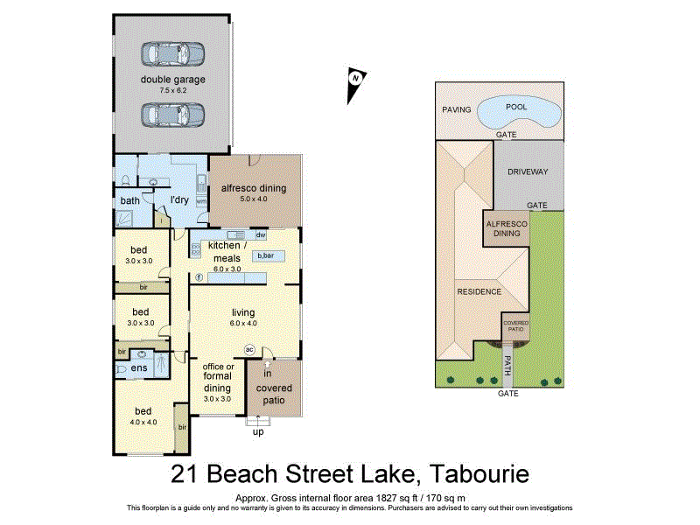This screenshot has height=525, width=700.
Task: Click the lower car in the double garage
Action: click(173, 114)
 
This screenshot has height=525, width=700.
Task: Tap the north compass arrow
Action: click(354, 79)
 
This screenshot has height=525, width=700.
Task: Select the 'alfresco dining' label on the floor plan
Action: click(253, 188)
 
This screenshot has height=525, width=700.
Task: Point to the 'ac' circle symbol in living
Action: click(248, 348)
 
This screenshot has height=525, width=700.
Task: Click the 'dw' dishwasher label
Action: click(260, 235)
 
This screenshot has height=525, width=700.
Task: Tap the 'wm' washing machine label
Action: click(200, 200)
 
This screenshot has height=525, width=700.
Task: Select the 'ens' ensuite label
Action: click(139, 368)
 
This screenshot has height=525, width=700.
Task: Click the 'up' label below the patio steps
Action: click(259, 432)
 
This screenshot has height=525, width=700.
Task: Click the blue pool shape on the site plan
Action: click(524, 112)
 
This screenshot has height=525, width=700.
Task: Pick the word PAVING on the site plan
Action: click(456, 109)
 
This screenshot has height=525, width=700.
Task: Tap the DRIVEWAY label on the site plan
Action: click(528, 171)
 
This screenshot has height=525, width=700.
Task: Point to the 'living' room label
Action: click(242, 312)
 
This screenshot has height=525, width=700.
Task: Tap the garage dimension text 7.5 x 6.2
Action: click(173, 90)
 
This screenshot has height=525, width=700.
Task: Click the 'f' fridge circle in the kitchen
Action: click(199, 277)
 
